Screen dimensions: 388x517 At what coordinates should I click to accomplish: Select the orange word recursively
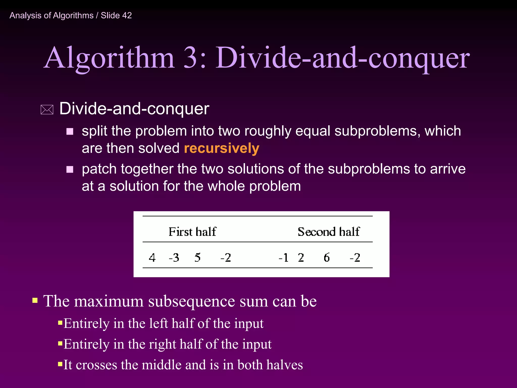point(221,148)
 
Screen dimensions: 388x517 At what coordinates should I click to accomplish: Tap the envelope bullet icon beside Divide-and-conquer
point(47,110)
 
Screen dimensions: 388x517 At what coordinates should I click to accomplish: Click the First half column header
point(192,232)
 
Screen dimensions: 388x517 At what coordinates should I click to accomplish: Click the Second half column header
point(328,232)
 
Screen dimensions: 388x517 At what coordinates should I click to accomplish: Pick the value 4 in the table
point(152,258)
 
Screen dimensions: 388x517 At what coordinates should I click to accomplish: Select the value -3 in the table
point(174,258)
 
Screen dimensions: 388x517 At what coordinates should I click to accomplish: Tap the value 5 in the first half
point(197,258)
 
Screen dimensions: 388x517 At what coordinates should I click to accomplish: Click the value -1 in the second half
point(283,258)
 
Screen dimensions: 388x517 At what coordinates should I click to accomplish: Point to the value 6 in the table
point(326,258)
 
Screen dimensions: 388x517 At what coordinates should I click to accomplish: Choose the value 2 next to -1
point(301,258)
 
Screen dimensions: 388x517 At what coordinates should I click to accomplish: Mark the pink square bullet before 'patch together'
point(70,169)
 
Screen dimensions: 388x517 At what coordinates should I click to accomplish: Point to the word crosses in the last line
point(96,365)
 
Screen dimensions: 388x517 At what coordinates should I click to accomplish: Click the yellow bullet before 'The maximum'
point(35,300)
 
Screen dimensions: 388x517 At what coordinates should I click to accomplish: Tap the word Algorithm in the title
point(109,58)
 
